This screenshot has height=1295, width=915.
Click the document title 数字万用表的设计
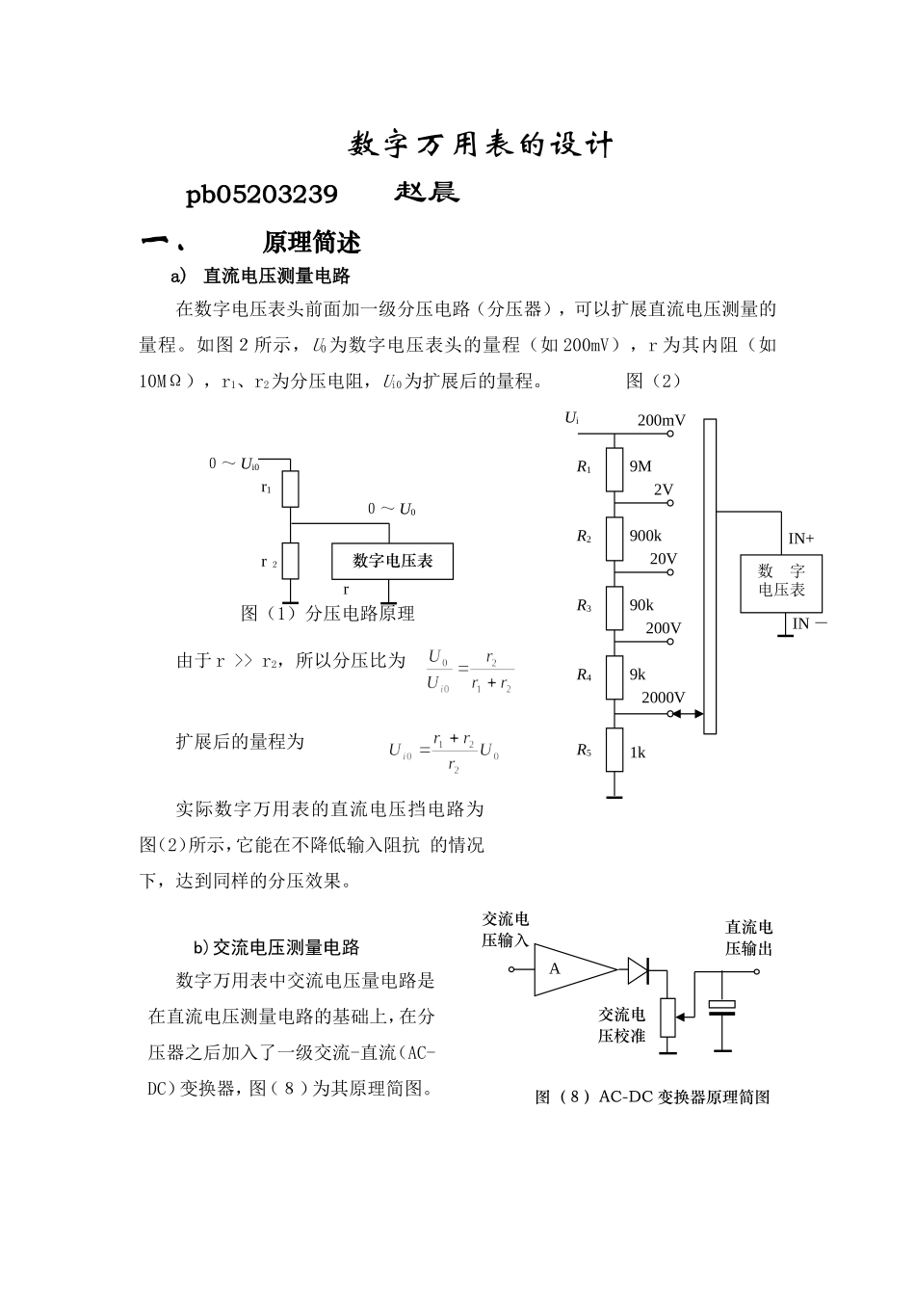[x=480, y=145]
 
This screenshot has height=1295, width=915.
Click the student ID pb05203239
[x=261, y=196]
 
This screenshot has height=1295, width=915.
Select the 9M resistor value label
[x=640, y=466]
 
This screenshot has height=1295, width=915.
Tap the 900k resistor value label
[x=645, y=536]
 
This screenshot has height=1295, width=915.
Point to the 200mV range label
[x=661, y=420]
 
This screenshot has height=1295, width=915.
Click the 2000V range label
[x=663, y=698]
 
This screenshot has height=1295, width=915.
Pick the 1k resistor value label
[x=638, y=753]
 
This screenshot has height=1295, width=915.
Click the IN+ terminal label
[x=801, y=539]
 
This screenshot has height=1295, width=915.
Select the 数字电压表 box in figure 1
[x=392, y=561]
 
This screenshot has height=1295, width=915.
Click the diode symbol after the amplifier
[x=640, y=969]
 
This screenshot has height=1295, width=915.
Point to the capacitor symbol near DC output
[x=721, y=1008]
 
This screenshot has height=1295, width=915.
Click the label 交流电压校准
[x=621, y=1025]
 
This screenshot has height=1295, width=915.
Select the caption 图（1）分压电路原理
[x=327, y=614]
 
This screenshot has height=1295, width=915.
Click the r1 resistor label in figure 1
[x=266, y=489]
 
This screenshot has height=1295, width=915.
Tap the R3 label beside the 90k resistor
[x=584, y=606]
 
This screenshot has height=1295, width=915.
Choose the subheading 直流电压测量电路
[x=276, y=277]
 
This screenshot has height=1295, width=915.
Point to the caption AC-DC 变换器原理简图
[x=653, y=1097]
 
